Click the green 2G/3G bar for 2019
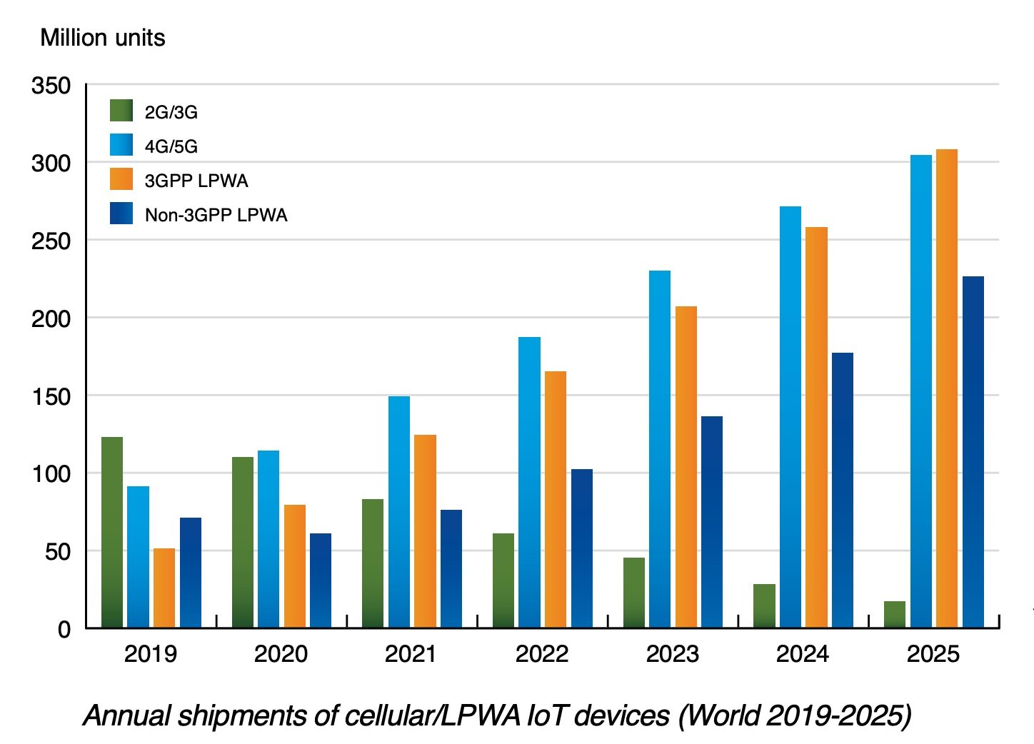point(112,532)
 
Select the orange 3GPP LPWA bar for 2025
point(947,388)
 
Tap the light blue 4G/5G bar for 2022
point(529,482)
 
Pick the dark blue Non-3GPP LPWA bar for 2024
point(843,490)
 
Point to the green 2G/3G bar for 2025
point(895,615)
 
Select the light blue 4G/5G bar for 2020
point(268,539)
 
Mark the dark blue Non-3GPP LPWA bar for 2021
point(451,568)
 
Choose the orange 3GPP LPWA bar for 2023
point(686,467)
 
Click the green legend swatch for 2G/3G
point(121,111)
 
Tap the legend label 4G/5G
point(171,146)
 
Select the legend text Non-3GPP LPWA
point(216,215)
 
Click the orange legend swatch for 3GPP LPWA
point(121,179)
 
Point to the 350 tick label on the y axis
point(51,86)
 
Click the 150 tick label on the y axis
point(51,396)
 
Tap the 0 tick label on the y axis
point(64,629)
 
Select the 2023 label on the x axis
point(672,653)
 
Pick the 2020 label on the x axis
point(281,653)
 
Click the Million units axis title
point(103,38)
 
